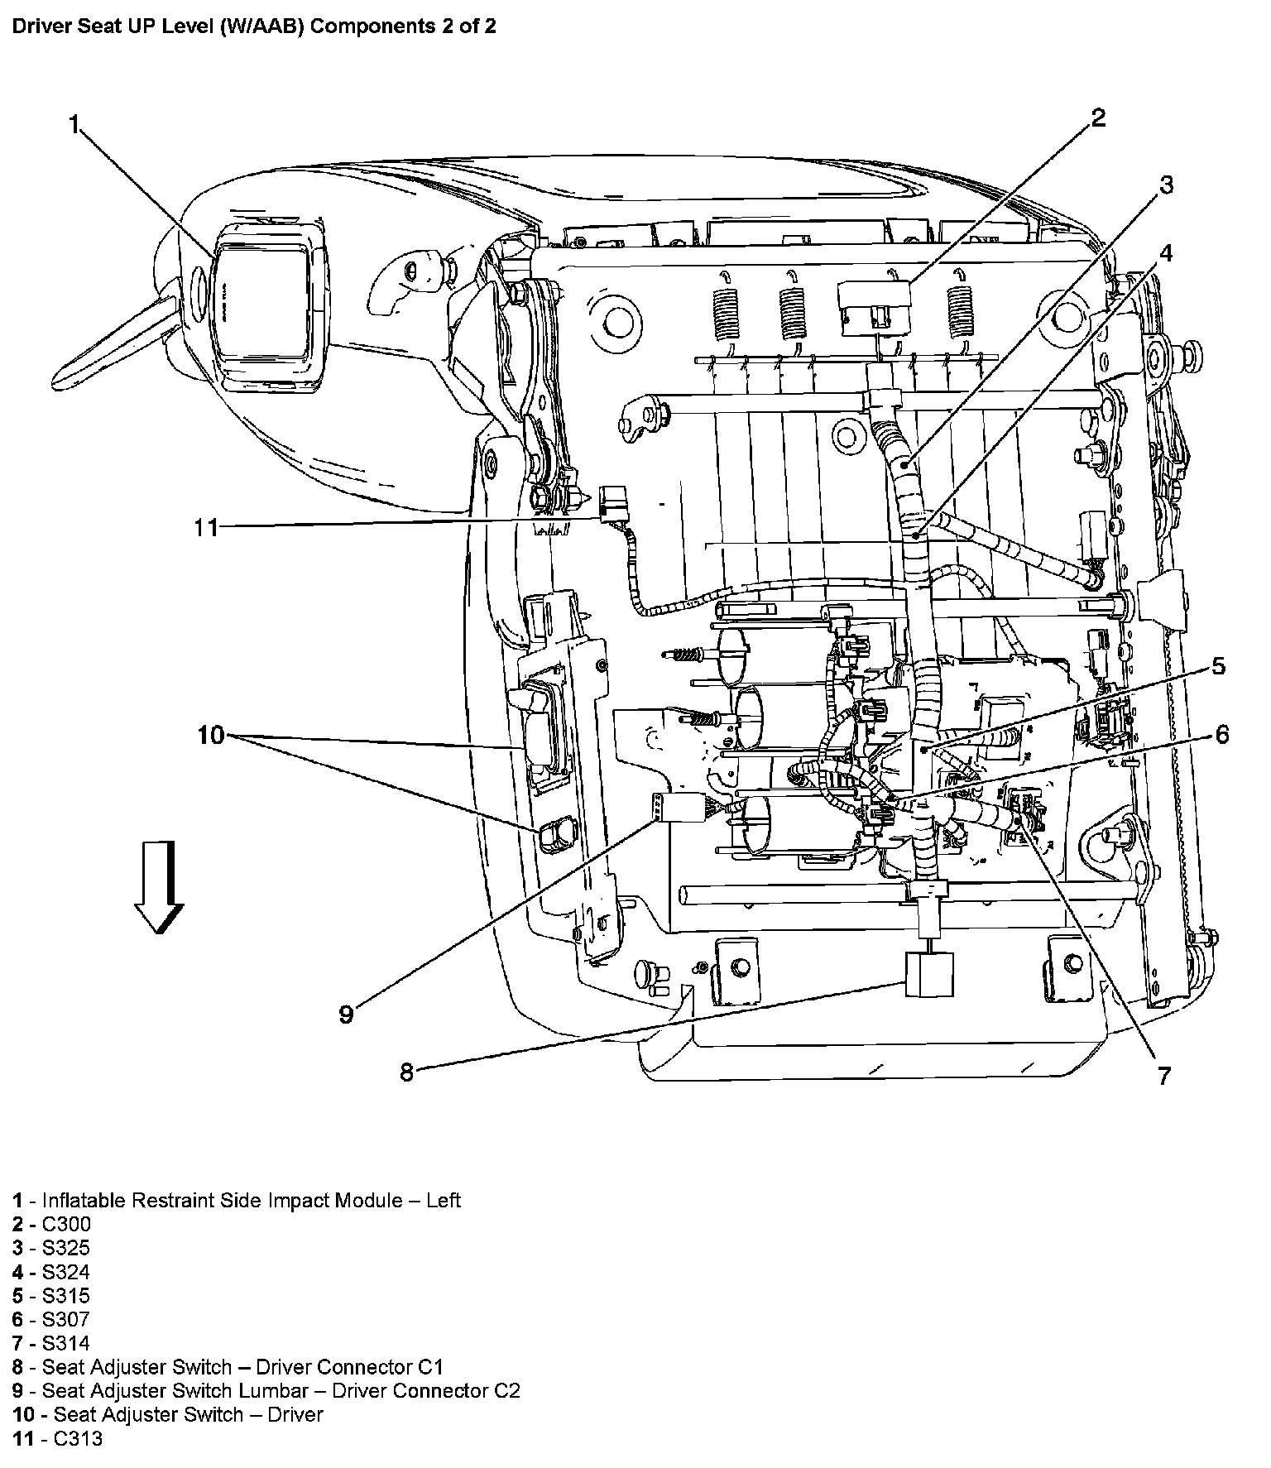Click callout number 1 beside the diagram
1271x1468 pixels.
pos(74,125)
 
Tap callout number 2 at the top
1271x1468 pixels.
pos(1097,118)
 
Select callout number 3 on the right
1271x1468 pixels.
pos(1165,185)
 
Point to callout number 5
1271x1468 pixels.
pos(1218,666)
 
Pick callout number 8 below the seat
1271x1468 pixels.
pos(406,1072)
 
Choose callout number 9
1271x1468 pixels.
pos(346,1014)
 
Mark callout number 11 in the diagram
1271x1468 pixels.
pos(205,527)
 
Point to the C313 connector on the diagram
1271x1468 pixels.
pos(615,501)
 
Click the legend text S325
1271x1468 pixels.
pos(66,1248)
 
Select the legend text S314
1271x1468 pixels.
pos(66,1343)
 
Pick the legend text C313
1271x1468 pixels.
pos(78,1439)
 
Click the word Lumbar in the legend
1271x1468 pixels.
pos(281,1391)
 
